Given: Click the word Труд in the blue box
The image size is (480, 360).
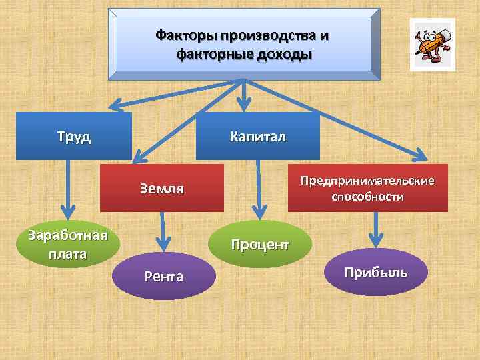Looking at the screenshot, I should pos(74,138).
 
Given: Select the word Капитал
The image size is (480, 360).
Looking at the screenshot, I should pos(257,137).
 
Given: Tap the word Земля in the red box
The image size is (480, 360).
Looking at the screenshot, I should pos(162,188).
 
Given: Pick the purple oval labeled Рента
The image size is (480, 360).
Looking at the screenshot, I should pos(163,276).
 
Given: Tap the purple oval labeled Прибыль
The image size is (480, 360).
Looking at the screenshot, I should pos(376,272).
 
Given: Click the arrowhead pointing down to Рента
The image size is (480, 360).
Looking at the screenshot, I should pos(162,246).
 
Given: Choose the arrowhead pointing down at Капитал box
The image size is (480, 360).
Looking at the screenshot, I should pos(245,105).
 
